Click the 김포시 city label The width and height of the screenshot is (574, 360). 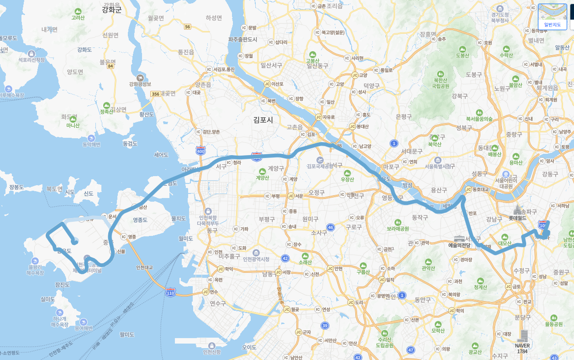coord(263,120)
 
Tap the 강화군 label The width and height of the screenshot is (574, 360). coord(112,10)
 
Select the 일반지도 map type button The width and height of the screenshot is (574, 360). coord(552,17)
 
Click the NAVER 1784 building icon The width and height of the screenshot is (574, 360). coord(522,335)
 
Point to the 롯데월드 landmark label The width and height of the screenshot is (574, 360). coord(517,218)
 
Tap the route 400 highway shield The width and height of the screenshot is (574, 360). coord(200,150)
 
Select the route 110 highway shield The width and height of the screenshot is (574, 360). coord(170,292)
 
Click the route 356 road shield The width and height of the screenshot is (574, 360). coord(155,94)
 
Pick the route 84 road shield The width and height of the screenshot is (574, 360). coord(110,66)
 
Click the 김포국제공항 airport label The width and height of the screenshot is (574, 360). coord(320,166)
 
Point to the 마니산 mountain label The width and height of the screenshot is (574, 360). coord(73,125)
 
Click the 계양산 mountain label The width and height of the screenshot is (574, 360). coord(263,177)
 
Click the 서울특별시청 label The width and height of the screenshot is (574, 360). coord(438,166)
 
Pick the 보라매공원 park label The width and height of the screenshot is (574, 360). coord(397,228)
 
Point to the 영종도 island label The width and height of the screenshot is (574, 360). coord(140,220)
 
